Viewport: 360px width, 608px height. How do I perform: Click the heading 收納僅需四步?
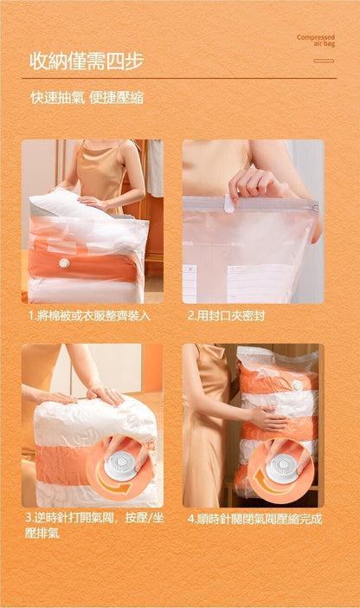click(x=87, y=61)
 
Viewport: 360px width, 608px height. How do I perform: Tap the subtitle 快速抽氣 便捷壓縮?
click(x=87, y=97)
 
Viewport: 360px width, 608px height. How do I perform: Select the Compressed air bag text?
click(x=316, y=41)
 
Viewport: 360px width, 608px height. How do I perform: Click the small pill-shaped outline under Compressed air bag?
click(x=324, y=61)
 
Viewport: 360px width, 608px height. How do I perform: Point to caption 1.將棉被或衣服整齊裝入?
click(x=89, y=315)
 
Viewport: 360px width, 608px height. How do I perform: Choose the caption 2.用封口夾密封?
click(x=227, y=315)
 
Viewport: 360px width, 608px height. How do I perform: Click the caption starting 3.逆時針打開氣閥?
click(x=94, y=526)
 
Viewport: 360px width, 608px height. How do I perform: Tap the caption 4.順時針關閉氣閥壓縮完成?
click(x=254, y=519)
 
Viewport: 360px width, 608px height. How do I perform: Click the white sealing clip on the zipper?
click(x=229, y=204)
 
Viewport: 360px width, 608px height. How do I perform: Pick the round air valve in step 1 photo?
click(x=64, y=263)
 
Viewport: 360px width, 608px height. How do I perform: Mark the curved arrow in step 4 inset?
click(x=271, y=486)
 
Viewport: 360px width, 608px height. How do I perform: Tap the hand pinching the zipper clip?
click(x=256, y=183)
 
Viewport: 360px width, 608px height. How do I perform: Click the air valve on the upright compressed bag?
click(x=298, y=385)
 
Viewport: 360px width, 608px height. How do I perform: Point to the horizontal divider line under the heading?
click(x=179, y=78)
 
